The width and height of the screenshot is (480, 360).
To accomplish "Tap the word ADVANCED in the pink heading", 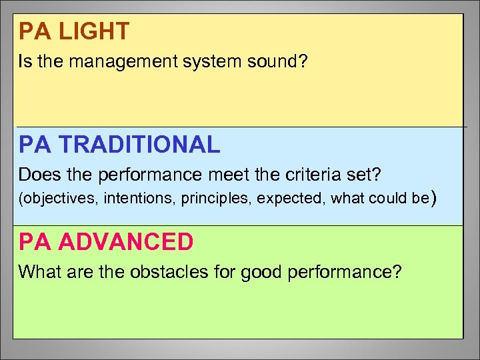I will point(126,242).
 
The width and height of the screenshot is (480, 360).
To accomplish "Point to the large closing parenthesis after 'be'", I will point(435,198).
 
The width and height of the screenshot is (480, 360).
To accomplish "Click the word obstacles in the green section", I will point(152,273).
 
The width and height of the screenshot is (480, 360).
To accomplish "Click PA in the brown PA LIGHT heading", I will point(31,31).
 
